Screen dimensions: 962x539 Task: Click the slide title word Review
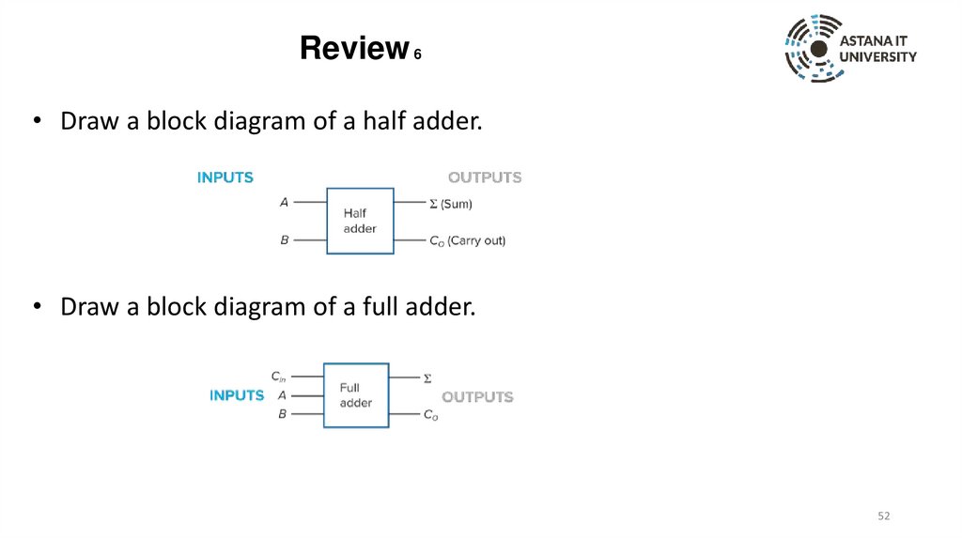pyautogui.click(x=352, y=48)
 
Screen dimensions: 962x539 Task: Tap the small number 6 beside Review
pyautogui.click(x=417, y=55)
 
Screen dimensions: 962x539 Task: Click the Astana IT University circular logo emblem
pyautogui.click(x=814, y=49)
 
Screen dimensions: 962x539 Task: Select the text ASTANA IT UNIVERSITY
pyautogui.click(x=877, y=50)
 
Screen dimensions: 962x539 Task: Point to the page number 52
pyautogui.click(x=883, y=516)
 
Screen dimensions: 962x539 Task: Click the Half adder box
pyautogui.click(x=360, y=221)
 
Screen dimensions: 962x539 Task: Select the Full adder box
pyautogui.click(x=356, y=395)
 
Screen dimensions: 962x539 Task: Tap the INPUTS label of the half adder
pyautogui.click(x=225, y=177)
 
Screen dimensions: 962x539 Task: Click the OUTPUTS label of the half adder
pyautogui.click(x=485, y=177)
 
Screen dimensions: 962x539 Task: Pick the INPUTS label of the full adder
pyautogui.click(x=237, y=395)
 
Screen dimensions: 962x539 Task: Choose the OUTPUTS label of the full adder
pyautogui.click(x=477, y=396)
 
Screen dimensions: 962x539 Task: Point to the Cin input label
pyautogui.click(x=278, y=377)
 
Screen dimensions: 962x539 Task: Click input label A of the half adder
pyautogui.click(x=284, y=202)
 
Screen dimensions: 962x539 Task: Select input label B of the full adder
pyautogui.click(x=282, y=413)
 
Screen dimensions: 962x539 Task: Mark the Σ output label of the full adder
pyautogui.click(x=427, y=378)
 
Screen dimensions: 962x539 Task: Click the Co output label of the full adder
pyautogui.click(x=430, y=415)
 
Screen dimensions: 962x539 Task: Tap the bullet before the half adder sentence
pyautogui.click(x=38, y=123)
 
